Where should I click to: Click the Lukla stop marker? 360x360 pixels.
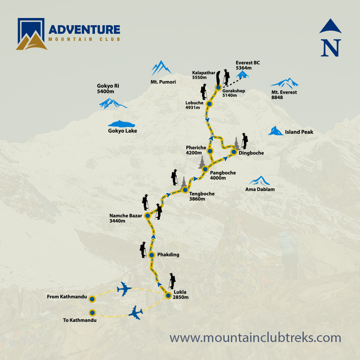tap(168, 296)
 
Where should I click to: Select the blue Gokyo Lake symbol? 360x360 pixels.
tap(121, 124)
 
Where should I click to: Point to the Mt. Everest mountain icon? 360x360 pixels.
tap(284, 83)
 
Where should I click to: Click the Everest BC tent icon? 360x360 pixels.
tap(243, 74)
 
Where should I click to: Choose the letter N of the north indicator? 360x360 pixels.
tap(331, 48)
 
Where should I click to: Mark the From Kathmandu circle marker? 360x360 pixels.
tap(92, 298)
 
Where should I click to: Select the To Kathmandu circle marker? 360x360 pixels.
tap(92, 313)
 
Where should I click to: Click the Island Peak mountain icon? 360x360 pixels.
tap(274, 131)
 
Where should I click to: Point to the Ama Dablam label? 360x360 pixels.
tap(261, 190)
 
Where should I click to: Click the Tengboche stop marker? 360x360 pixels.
tap(185, 190)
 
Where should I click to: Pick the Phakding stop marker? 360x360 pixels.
tap(152, 255)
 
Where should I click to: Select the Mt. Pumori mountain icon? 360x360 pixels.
tap(161, 68)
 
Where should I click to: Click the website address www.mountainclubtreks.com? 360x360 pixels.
tap(255, 337)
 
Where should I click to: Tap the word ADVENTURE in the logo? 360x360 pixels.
tap(85, 30)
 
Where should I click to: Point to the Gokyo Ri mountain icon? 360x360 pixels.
tap(112, 104)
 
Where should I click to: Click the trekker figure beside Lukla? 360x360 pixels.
tap(172, 281)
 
